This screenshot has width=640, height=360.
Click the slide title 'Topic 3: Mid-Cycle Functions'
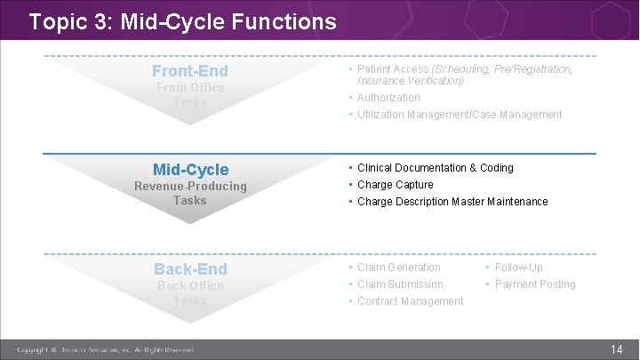182,20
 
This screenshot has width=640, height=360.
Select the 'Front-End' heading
189,70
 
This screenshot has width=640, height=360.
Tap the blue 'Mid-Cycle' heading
190,169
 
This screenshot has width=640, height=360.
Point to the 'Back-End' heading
190,268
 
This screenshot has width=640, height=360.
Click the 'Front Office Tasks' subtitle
190,94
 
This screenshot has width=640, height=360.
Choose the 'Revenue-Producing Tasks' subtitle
190,193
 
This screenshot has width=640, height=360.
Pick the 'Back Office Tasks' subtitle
190,292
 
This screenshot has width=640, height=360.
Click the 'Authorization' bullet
388,98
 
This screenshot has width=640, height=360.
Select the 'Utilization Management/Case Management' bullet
460,115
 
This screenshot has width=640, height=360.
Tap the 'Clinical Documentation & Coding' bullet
435,168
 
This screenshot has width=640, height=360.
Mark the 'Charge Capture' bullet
395,185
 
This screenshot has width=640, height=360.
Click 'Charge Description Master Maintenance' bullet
452,202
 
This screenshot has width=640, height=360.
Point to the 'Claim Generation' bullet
398,268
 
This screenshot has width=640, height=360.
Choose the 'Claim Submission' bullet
400,284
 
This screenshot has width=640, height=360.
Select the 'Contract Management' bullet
410,301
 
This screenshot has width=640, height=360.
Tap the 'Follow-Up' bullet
518,268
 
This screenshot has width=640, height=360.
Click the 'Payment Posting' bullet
535,284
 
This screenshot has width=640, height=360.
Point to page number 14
617,350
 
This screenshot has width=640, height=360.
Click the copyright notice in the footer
106,350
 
